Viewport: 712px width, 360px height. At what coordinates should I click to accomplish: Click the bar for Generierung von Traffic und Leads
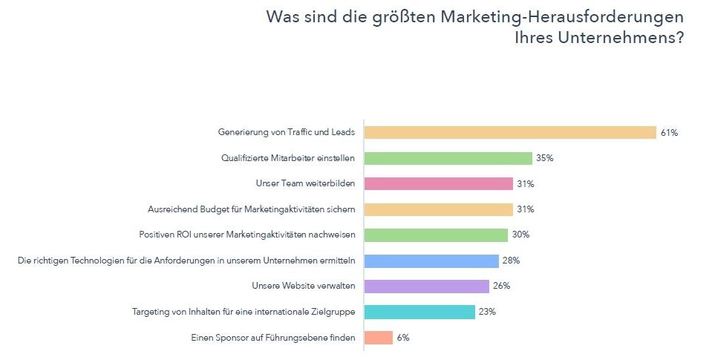[510, 133]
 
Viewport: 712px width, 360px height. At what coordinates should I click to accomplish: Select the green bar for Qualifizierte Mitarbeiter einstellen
[448, 158]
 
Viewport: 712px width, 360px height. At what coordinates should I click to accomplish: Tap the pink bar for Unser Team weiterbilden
[439, 184]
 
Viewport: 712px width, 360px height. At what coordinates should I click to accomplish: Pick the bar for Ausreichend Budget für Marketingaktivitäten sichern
[439, 209]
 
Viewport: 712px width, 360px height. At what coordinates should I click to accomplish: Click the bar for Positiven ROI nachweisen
[437, 235]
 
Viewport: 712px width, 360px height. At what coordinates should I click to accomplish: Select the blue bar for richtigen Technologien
[431, 261]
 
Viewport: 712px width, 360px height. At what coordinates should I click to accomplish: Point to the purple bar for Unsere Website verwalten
[427, 287]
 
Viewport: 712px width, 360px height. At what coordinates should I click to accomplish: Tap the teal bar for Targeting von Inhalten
[419, 312]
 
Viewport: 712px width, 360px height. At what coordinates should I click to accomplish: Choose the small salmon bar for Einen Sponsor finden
[379, 338]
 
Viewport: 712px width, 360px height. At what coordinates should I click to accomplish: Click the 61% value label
[669, 133]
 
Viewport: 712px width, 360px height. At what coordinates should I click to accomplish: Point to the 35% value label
[546, 158]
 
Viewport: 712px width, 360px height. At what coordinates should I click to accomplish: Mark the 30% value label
[520, 235]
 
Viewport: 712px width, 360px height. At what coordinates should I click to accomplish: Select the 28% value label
[511, 261]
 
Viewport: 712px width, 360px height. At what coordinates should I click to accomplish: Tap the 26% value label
[501, 287]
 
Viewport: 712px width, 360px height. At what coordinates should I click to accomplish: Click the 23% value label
[487, 312]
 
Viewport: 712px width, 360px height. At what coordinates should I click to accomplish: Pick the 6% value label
[403, 338]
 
